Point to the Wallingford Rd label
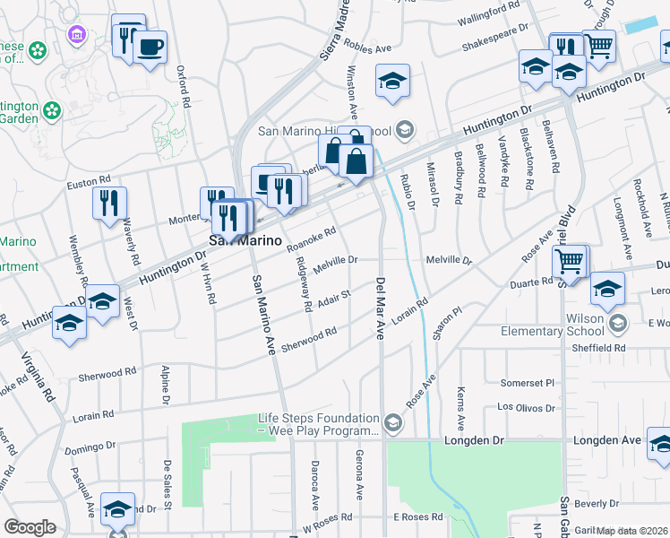pos(488,6)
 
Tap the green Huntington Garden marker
pos(52,110)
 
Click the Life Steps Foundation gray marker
pos(392,421)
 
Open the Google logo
pos(30,528)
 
